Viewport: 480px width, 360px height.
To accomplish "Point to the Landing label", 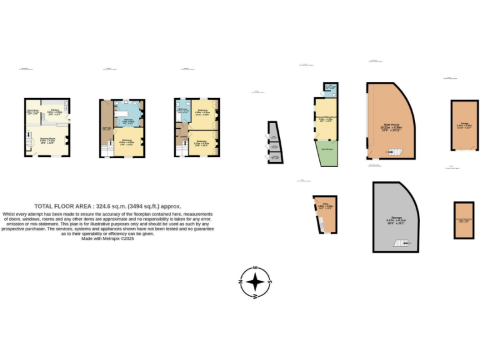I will pyautogui.click(x=184, y=131).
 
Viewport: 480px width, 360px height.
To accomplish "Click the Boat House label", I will pyautogui.click(x=392, y=124).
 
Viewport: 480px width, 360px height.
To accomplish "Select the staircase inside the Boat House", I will pyautogui.click(x=394, y=151).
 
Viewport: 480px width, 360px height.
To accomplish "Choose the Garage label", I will pyautogui.click(x=465, y=124).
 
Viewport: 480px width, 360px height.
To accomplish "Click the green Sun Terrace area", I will pyautogui.click(x=327, y=151).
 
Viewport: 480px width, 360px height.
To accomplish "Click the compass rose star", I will pyautogui.click(x=255, y=282).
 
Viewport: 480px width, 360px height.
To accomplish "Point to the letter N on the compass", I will pyautogui.click(x=241, y=282).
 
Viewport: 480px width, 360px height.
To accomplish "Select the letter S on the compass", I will pyautogui.click(x=269, y=282).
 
